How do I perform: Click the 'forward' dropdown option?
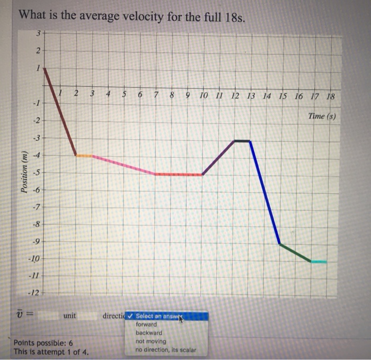point(146,324)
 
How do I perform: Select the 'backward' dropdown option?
point(149,333)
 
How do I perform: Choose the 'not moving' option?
point(151,341)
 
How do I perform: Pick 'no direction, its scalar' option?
point(165,350)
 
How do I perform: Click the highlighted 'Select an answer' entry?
point(158,317)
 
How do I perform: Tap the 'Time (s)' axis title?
point(322,115)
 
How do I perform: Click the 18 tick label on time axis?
point(331,96)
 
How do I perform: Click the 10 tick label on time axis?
point(204,96)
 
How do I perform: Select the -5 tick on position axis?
point(35,172)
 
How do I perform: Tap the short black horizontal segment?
point(242,141)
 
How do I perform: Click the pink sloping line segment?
point(123,165)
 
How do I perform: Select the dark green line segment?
point(295,253)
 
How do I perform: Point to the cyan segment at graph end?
point(319,262)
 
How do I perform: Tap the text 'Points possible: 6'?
point(43,343)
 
